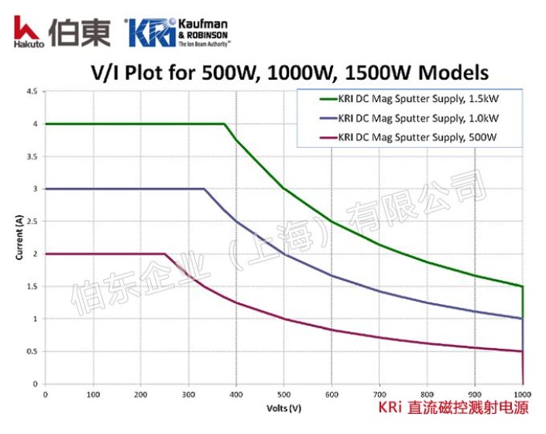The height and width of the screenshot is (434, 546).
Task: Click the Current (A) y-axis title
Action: pyautogui.click(x=19, y=238)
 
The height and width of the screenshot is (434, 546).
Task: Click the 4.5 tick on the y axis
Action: pyautogui.click(x=32, y=91)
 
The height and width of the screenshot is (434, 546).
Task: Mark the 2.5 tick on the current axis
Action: pyautogui.click(x=32, y=221)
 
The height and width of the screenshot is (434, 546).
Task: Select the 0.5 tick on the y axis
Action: pyautogui.click(x=32, y=351)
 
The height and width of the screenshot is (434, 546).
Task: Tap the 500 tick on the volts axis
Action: pyautogui.click(x=283, y=394)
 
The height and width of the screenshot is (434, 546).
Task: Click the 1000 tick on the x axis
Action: pyautogui.click(x=522, y=394)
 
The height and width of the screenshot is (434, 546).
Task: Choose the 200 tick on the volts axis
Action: pyautogui.click(x=140, y=394)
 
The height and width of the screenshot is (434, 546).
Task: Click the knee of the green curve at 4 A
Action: pyautogui.click(x=225, y=124)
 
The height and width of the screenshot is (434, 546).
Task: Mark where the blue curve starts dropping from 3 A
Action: pyautogui.click(x=204, y=189)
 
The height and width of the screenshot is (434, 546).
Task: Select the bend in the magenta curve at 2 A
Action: pyautogui.click(x=165, y=254)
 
